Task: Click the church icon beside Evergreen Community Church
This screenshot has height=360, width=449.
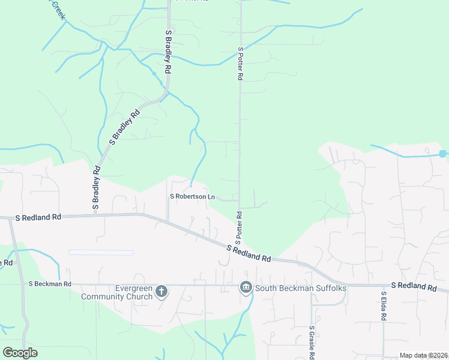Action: [161, 292]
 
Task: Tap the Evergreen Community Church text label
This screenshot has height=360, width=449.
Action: [118, 292]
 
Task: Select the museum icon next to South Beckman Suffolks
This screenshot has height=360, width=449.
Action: [246, 289]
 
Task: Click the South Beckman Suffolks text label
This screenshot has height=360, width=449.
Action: [301, 289]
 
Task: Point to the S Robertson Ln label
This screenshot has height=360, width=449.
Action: [193, 197]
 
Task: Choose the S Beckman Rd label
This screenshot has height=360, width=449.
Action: [50, 284]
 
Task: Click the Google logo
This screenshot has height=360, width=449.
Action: [20, 353]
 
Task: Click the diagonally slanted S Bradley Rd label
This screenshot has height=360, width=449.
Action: [125, 127]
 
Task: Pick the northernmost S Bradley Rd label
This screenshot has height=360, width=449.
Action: [169, 52]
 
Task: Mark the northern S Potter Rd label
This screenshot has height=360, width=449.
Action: [240, 64]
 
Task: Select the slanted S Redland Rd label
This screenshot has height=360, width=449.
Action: [249, 253]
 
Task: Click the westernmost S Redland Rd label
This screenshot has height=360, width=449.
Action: [39, 217]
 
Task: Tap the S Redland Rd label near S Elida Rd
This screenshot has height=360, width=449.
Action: [414, 287]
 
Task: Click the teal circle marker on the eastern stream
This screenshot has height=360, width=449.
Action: [442, 154]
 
